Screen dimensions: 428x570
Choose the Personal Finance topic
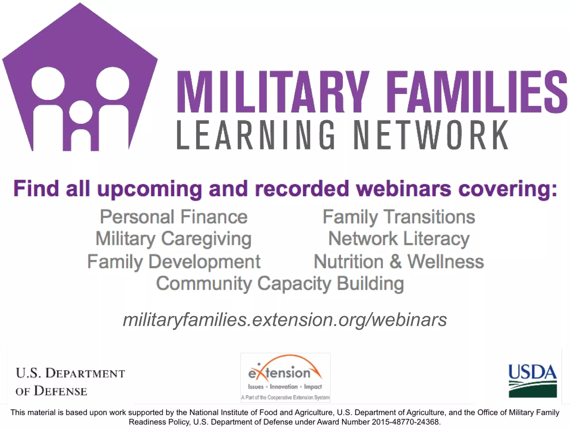point(174,217)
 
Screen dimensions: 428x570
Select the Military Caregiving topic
point(174,239)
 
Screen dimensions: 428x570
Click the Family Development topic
point(174,262)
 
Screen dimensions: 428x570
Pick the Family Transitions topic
point(399,217)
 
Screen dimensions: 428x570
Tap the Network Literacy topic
point(399,239)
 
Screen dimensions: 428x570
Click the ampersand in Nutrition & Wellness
point(395,262)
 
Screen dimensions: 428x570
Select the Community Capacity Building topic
point(280,283)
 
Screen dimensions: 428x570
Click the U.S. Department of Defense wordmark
point(70,382)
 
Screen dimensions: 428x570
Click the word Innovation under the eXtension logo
point(284,387)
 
